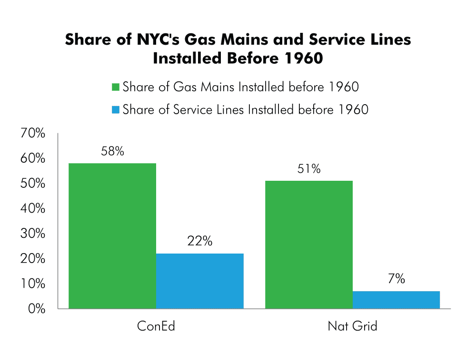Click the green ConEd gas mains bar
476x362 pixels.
tap(112, 236)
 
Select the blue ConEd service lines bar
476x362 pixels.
tap(199, 281)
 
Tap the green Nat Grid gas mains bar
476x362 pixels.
tap(308, 245)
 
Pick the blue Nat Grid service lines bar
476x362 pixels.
tap(396, 300)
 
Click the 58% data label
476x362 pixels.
tap(112, 152)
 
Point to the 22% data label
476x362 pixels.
tap(199, 242)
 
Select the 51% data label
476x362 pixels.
tap(309, 169)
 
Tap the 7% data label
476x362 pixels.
tap(396, 279)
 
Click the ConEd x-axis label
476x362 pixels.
tap(156, 327)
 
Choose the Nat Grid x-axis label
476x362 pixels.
tap(352, 327)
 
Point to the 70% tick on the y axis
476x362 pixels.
tap(33, 134)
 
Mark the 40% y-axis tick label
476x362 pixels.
tap(33, 209)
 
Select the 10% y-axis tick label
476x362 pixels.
tap(33, 284)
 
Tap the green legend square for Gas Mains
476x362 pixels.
tap(115, 88)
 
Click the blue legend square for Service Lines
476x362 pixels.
tap(115, 110)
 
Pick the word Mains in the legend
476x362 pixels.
tap(215, 87)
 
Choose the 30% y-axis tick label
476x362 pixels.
tap(33, 234)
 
